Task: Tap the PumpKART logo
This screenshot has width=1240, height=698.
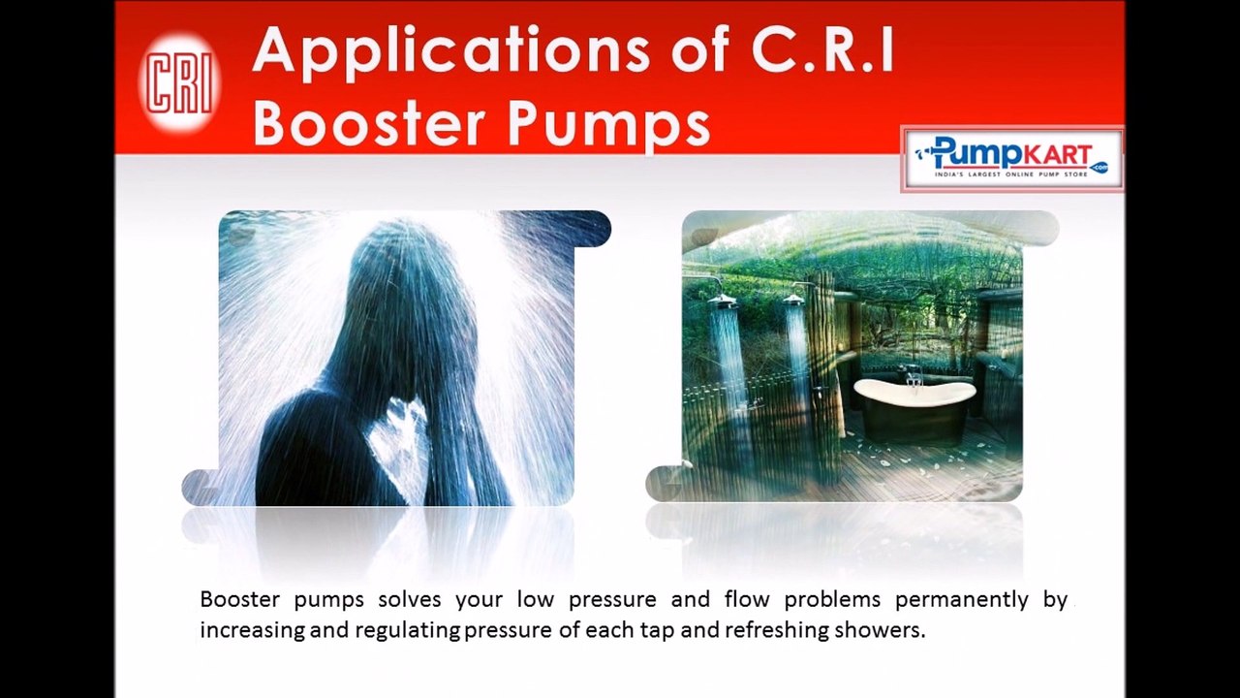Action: [x=1011, y=159]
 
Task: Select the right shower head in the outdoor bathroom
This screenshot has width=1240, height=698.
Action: [x=794, y=300]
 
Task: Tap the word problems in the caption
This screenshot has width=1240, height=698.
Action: [x=832, y=599]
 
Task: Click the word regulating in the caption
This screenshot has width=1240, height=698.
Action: [x=408, y=630]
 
